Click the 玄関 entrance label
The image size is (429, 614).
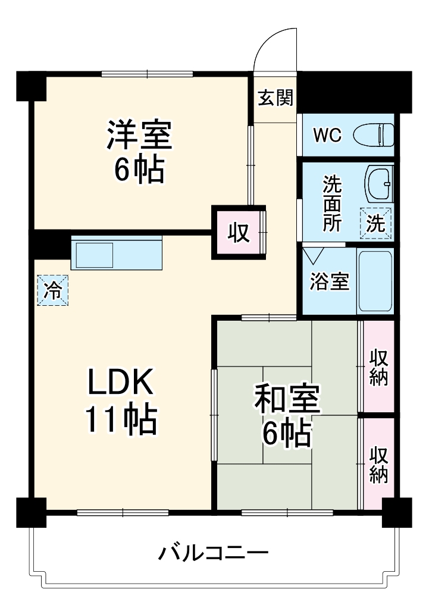275,98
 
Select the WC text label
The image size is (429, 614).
327,136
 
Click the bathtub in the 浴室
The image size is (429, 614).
375,281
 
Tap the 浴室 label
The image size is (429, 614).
329,281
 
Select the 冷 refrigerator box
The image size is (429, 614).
53,291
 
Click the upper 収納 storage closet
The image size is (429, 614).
379,368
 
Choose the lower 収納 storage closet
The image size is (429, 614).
379,463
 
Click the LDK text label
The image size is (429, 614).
121,382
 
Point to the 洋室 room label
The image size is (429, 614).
139,135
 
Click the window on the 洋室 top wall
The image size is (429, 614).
148,74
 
